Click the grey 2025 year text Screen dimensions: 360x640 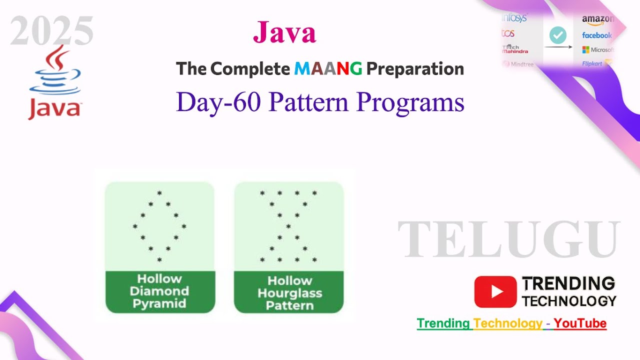(x=52, y=31)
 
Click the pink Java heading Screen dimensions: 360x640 (x=284, y=32)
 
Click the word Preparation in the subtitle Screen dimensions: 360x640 (x=415, y=69)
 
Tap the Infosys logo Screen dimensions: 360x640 (x=515, y=18)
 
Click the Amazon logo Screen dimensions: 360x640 (x=597, y=19)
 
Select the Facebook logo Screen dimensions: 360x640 (x=597, y=35)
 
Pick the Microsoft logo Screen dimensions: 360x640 (x=598, y=50)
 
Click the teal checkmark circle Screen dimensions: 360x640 (x=558, y=35)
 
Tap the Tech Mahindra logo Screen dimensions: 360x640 (x=515, y=49)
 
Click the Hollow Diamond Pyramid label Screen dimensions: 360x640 (x=159, y=291)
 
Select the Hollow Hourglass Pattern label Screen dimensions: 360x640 (x=289, y=293)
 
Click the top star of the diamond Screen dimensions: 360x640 (x=159, y=193)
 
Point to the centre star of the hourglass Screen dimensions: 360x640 (x=288, y=226)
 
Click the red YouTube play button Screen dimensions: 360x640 (x=495, y=291)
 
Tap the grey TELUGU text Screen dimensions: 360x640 (x=509, y=240)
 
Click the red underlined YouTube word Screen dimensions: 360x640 (x=580, y=323)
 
